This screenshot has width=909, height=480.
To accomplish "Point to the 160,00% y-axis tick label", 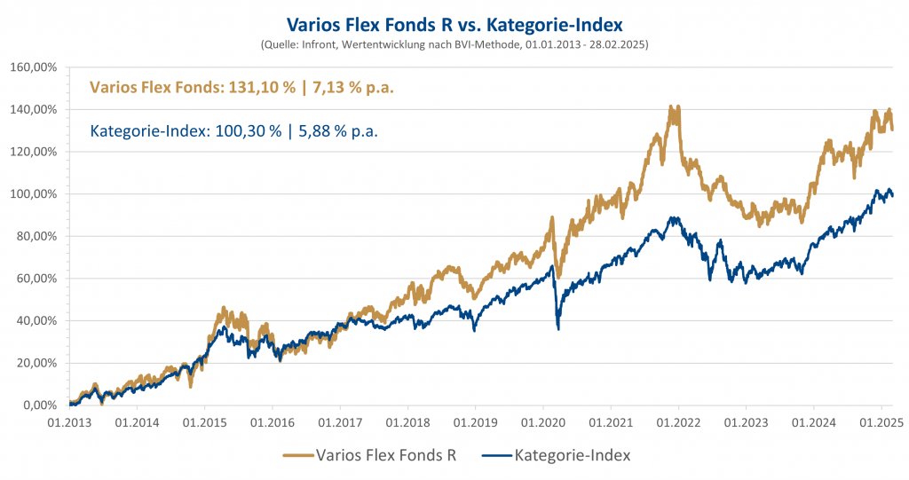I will pyautogui.click(x=34, y=67).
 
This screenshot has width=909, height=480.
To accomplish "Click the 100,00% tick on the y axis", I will pyautogui.click(x=34, y=194).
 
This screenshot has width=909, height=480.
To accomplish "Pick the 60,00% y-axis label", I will pyautogui.click(x=36, y=279).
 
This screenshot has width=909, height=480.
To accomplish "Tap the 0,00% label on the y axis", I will pyautogui.click(x=38, y=405).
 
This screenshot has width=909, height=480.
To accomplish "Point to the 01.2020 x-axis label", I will pyautogui.click(x=542, y=423).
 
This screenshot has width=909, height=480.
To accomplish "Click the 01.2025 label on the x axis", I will pyautogui.click(x=881, y=423).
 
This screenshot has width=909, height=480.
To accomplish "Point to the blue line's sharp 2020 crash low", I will pyautogui.click(x=557, y=328).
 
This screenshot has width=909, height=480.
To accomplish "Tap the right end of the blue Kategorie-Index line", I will pyautogui.click(x=892, y=195).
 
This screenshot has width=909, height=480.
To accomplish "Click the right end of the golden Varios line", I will pyautogui.click(x=892, y=129).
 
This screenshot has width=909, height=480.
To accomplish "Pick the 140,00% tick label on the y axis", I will pyautogui.click(x=34, y=110).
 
